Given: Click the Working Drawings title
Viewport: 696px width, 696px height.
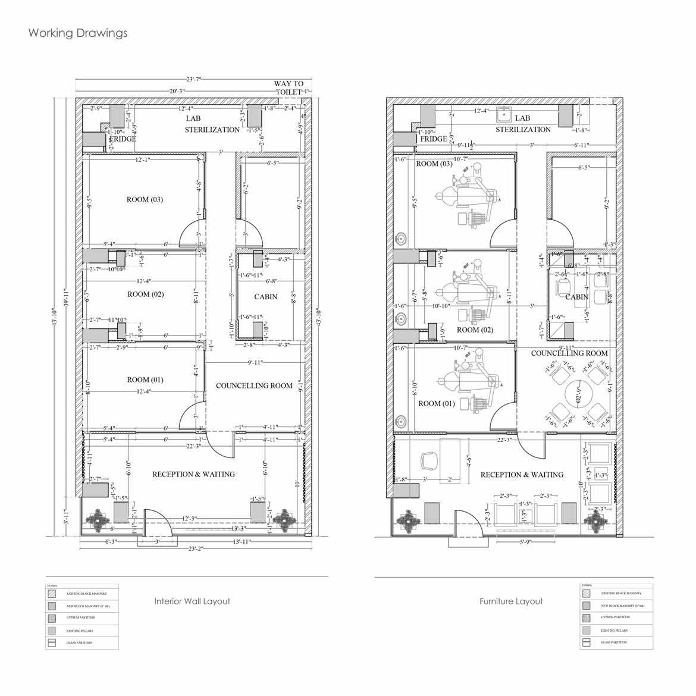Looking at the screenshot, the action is (x=77, y=33).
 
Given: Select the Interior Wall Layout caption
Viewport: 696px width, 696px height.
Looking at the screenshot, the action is (x=192, y=601).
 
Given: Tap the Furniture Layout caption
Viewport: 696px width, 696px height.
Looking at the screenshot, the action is (x=511, y=601).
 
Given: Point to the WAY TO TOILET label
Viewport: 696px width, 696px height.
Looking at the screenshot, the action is (x=289, y=88).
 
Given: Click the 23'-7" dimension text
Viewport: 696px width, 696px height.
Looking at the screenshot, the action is (x=194, y=79).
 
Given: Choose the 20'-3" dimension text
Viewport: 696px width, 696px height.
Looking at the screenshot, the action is (x=177, y=91).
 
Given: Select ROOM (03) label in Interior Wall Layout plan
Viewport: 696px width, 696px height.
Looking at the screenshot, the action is (x=145, y=200).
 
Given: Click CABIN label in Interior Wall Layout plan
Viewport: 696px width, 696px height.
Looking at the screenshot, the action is (x=265, y=297).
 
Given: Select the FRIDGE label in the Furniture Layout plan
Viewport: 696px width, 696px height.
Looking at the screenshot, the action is (x=433, y=139).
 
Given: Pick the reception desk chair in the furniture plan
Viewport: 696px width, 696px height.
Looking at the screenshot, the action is (x=427, y=461).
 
